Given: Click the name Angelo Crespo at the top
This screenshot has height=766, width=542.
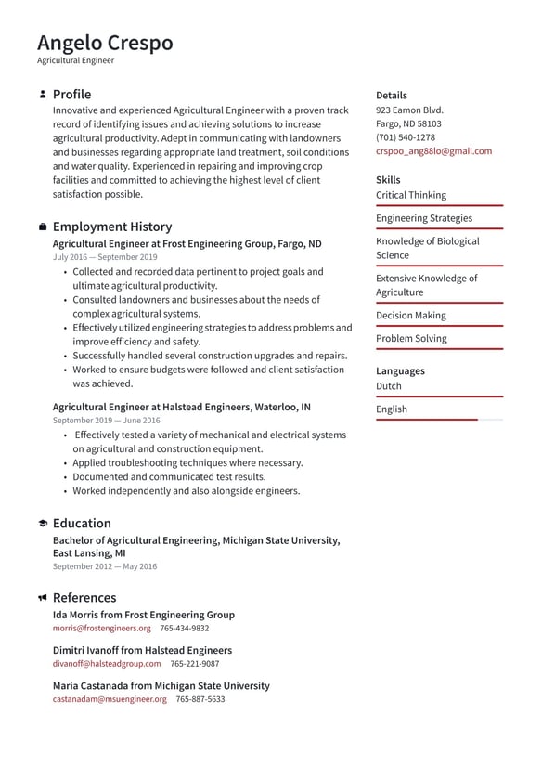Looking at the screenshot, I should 105,43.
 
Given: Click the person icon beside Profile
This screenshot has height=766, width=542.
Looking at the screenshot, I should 43,95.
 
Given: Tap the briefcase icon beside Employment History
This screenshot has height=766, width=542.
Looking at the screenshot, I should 43,227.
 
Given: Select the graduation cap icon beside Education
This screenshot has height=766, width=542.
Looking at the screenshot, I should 43,524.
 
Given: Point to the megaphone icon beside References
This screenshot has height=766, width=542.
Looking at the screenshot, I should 43,598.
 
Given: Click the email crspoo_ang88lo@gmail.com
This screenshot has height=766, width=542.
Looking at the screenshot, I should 433,151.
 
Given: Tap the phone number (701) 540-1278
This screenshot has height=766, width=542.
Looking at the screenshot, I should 405,137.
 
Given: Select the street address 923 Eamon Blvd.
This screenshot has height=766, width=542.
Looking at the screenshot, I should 409,110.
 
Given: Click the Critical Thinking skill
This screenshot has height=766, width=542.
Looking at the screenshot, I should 410,195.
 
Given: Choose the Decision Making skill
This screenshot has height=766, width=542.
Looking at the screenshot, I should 410,316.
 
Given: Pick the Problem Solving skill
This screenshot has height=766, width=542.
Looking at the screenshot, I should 410,339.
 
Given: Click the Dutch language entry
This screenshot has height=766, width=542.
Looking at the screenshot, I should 389,386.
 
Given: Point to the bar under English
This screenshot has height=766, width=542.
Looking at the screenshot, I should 438,420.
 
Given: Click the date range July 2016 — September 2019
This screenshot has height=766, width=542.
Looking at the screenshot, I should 105,257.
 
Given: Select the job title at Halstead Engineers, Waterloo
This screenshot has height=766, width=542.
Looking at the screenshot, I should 181,407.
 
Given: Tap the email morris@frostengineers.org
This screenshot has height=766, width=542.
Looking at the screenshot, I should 101,629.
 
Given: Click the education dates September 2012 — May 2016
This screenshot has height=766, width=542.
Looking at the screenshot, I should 105,566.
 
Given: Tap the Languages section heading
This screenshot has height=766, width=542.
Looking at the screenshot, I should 400,370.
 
